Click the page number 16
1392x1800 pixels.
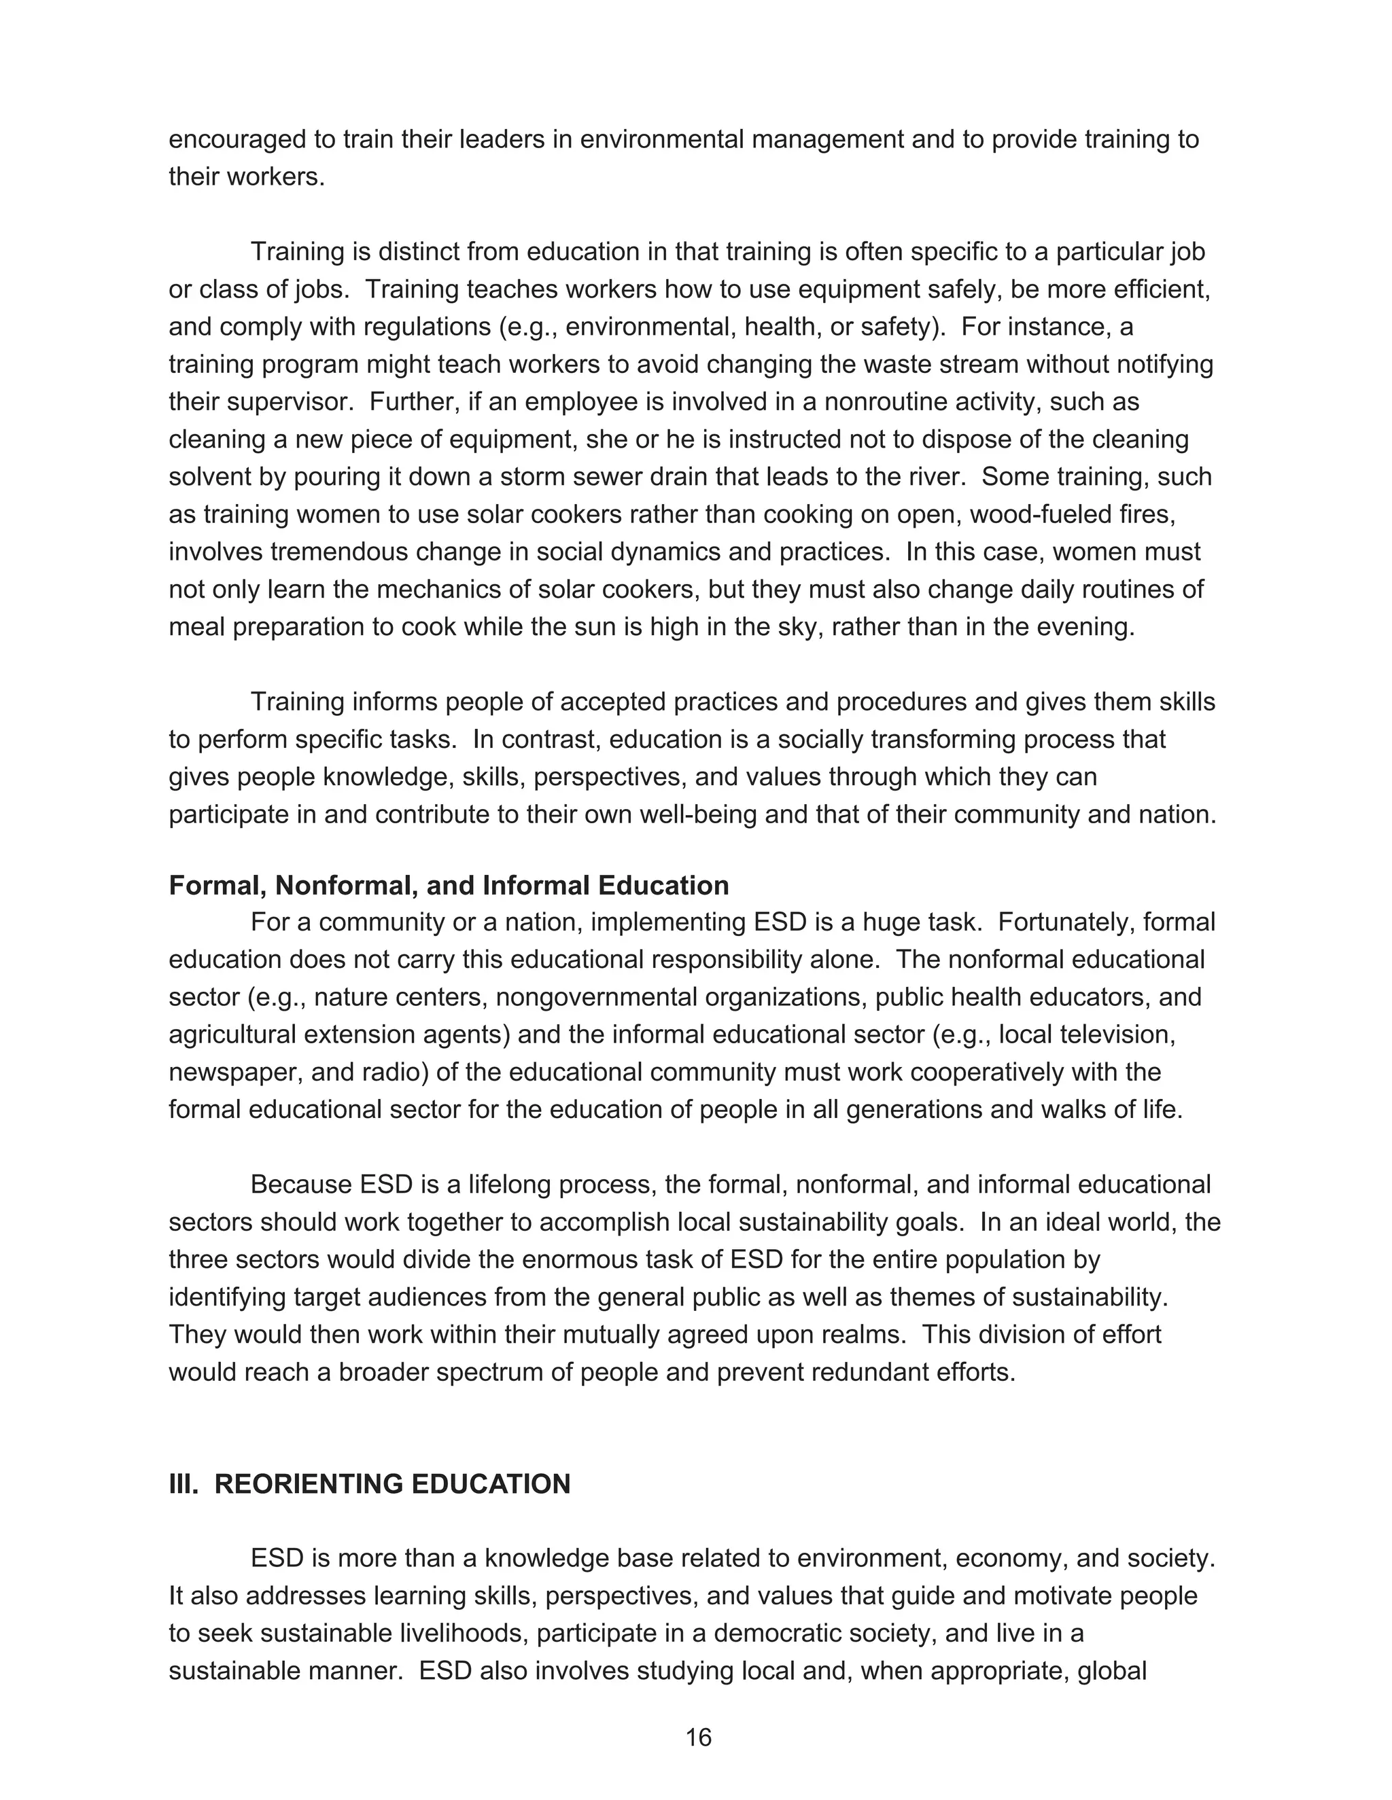(697, 1738)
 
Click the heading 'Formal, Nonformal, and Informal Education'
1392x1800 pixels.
(449, 885)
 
